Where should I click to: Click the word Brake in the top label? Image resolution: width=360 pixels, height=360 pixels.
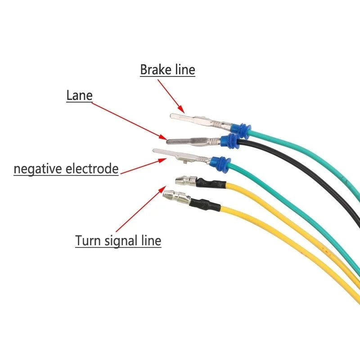[156, 69]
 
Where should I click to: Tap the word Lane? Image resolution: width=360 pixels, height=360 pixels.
[80, 95]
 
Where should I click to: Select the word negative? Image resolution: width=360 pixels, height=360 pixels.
[38, 169]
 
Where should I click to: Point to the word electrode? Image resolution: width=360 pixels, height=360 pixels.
[92, 168]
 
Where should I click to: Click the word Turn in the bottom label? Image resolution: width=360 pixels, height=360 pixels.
[88, 241]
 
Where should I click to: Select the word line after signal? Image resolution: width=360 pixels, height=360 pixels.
[151, 241]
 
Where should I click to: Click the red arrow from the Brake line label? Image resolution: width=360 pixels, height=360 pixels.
[171, 96]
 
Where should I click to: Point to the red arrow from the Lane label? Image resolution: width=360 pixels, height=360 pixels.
[129, 121]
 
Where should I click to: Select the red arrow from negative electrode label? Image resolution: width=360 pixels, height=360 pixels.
[144, 166]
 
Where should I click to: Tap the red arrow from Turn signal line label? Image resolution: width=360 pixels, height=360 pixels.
[141, 209]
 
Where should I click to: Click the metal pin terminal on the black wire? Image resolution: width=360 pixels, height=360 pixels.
[194, 141]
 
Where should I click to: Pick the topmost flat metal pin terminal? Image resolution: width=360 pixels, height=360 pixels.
[201, 121]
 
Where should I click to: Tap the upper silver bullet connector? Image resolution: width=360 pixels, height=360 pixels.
[186, 181]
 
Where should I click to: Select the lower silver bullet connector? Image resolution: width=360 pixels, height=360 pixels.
[176, 197]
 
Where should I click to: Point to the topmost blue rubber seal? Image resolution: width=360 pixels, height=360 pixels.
[241, 130]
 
